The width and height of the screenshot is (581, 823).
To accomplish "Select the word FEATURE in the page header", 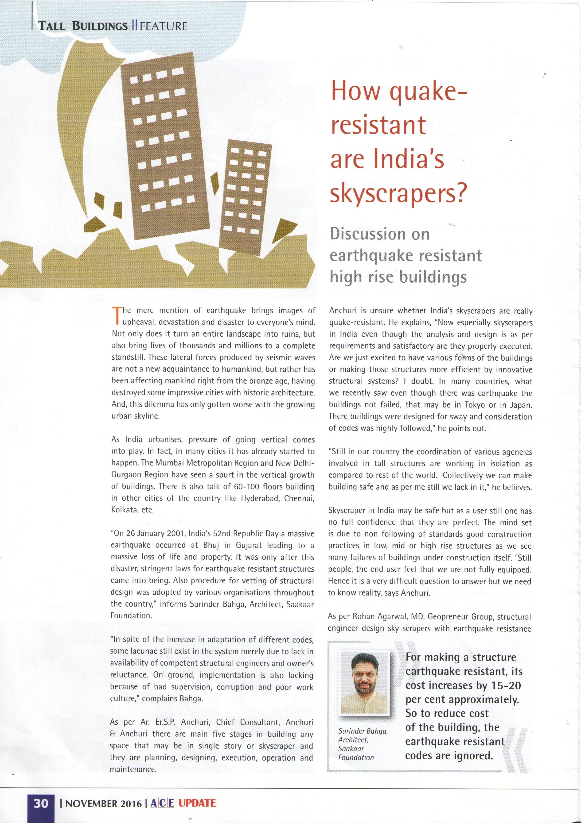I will click(163, 26).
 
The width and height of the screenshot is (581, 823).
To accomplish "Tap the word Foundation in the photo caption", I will click(356, 758).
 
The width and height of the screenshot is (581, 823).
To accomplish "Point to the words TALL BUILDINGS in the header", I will click(83, 26).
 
